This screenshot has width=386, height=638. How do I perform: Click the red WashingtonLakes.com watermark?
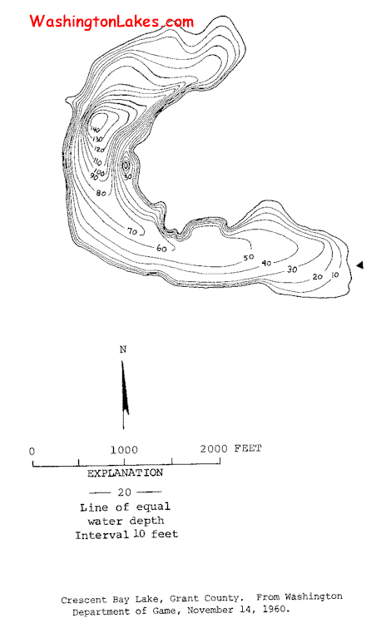[111, 21]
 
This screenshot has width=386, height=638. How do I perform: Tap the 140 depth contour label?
[94, 130]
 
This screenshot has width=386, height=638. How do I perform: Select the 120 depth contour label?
[99, 149]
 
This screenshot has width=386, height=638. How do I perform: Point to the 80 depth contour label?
[101, 193]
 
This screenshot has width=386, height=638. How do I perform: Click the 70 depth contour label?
[132, 231]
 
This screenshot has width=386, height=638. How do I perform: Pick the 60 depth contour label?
[161, 248]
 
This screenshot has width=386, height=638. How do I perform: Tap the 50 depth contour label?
[249, 257]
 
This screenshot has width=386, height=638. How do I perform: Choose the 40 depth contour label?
[266, 263]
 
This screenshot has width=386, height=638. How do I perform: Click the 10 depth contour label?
[334, 274]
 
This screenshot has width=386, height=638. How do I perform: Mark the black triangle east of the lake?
[359, 265]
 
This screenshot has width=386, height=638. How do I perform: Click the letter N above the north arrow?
[123, 349]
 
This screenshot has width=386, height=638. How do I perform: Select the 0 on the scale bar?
[32, 451]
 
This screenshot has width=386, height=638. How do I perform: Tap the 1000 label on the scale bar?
[124, 450]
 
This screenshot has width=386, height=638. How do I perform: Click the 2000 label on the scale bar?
[214, 448]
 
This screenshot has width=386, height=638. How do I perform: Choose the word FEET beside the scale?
[248, 448]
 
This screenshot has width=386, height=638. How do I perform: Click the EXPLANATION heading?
[126, 472]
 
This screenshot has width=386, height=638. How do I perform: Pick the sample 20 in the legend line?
[125, 492]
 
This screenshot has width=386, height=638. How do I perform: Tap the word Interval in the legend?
[101, 534]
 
